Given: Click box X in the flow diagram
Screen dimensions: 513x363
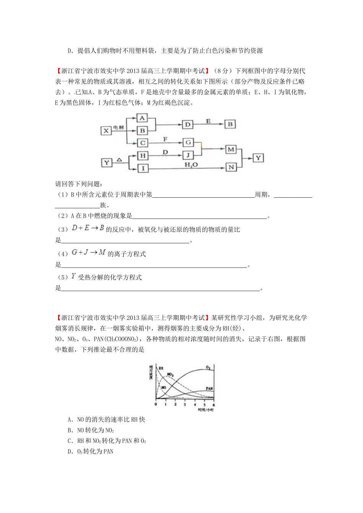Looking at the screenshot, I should click(x=106, y=131).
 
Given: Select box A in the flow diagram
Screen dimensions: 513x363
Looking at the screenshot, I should click(x=142, y=118).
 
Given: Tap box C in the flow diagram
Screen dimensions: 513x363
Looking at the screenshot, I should click(x=142, y=143).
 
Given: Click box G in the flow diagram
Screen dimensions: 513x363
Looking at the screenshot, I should click(x=188, y=142).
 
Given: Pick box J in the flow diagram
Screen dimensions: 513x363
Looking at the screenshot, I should click(x=188, y=155).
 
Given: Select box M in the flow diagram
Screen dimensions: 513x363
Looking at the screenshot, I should click(x=231, y=149).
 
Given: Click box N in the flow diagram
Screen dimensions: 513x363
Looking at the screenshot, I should click(x=231, y=167).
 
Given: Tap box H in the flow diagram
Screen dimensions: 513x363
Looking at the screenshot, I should click(x=142, y=155).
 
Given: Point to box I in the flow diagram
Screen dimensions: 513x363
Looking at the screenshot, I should click(x=142, y=168).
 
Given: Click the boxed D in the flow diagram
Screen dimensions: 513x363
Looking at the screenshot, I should click(x=187, y=125).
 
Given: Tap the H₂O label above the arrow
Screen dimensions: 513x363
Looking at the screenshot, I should click(x=191, y=165).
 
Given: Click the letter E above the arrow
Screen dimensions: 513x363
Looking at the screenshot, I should click(x=208, y=121).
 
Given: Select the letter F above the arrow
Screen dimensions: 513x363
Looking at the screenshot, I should click(x=165, y=139).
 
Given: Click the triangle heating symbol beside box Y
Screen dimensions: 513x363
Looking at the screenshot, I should click(x=119, y=160).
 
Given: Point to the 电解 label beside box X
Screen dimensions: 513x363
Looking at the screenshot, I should click(x=118, y=127).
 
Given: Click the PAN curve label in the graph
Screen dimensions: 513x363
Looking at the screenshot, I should click(x=209, y=389).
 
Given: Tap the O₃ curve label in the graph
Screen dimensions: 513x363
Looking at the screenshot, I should click(x=208, y=367).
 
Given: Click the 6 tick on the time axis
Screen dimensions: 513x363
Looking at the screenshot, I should click(x=214, y=405).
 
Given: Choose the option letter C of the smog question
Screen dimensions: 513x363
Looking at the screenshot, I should click(x=70, y=441).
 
